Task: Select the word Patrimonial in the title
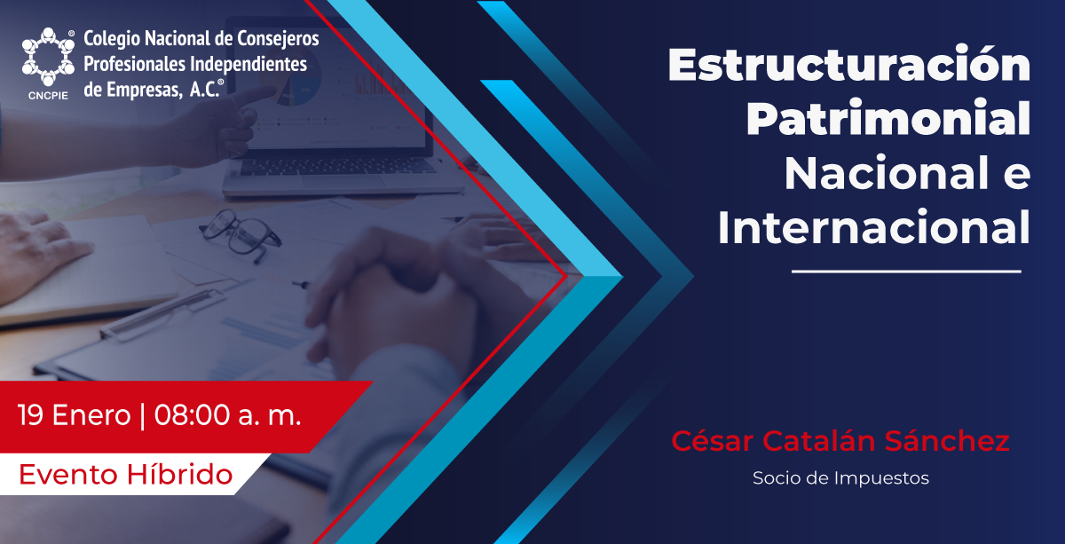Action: [x=888, y=118]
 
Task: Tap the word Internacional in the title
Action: [x=874, y=227]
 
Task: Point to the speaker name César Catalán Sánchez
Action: [x=840, y=440]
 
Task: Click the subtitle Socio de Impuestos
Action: [x=840, y=478]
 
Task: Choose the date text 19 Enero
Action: [x=75, y=415]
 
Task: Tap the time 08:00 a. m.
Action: [x=228, y=415]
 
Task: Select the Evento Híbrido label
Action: [x=125, y=475]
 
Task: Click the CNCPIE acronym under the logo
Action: [x=48, y=96]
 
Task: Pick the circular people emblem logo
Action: [x=48, y=57]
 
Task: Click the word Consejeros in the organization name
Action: [x=278, y=39]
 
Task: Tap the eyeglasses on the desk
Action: [x=241, y=234]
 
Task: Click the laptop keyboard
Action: [x=336, y=167]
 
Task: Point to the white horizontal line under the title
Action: [x=906, y=272]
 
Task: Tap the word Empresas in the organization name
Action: [x=144, y=89]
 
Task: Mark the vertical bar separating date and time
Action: [x=143, y=415]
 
